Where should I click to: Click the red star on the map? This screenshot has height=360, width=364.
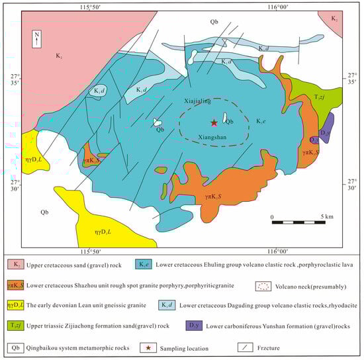(x=213, y=122)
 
